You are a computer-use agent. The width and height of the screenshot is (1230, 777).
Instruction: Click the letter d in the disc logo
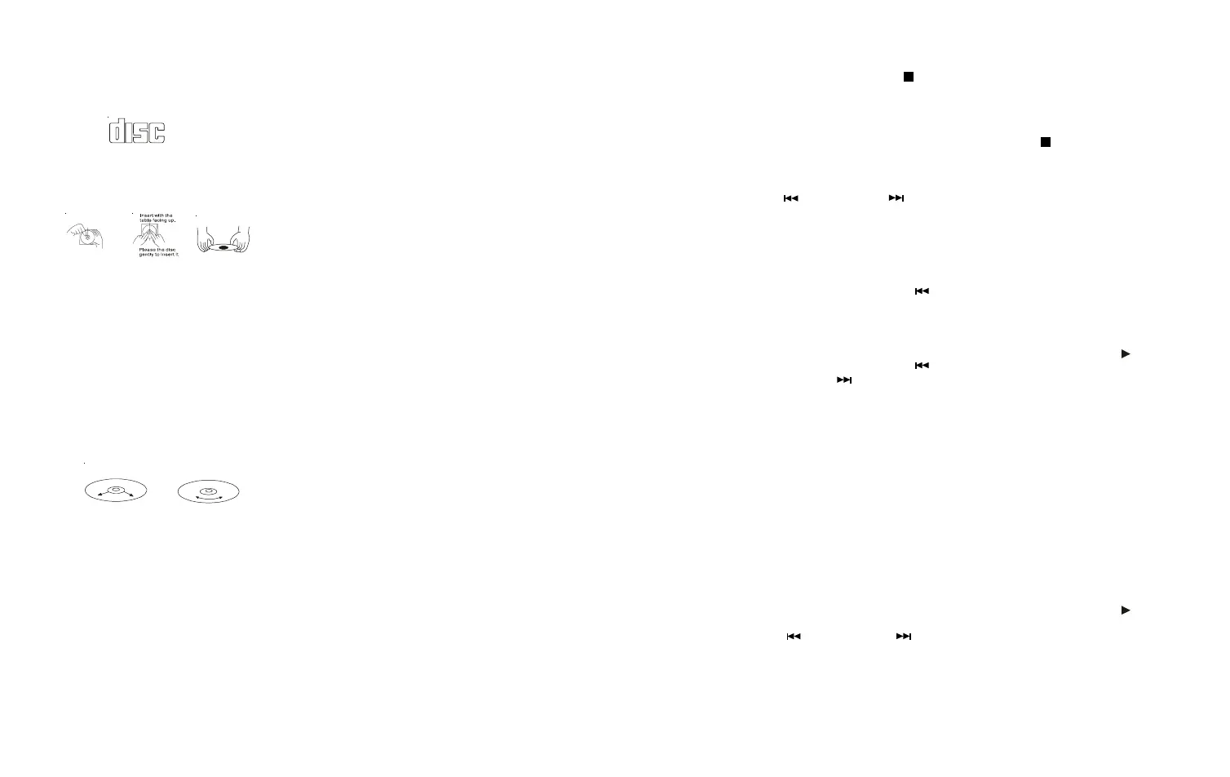pos(119,131)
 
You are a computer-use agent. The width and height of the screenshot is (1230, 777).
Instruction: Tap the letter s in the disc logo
pos(141,132)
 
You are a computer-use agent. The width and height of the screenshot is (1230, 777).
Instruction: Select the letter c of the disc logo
pos(157,132)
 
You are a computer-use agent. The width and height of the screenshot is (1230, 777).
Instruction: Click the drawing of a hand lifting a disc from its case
pos(85,236)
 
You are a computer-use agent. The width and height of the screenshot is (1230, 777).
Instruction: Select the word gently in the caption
pos(146,255)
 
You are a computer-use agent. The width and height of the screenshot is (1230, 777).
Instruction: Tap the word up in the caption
pos(172,221)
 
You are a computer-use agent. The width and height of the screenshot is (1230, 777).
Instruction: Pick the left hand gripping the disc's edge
pos(206,239)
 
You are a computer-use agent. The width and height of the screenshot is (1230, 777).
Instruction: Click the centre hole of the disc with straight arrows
pos(116,490)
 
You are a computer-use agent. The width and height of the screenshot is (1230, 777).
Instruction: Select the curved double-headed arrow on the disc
pos(209,499)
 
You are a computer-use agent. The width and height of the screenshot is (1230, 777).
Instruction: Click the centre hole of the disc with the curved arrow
pos(209,491)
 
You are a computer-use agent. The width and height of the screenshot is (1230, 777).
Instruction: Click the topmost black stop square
pos(908,77)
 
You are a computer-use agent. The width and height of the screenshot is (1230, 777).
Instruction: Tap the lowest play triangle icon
pos(1126,610)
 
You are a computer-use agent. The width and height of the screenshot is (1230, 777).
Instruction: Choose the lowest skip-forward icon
pos(903,636)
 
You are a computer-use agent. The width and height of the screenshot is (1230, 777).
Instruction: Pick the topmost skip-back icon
pos(790,198)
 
